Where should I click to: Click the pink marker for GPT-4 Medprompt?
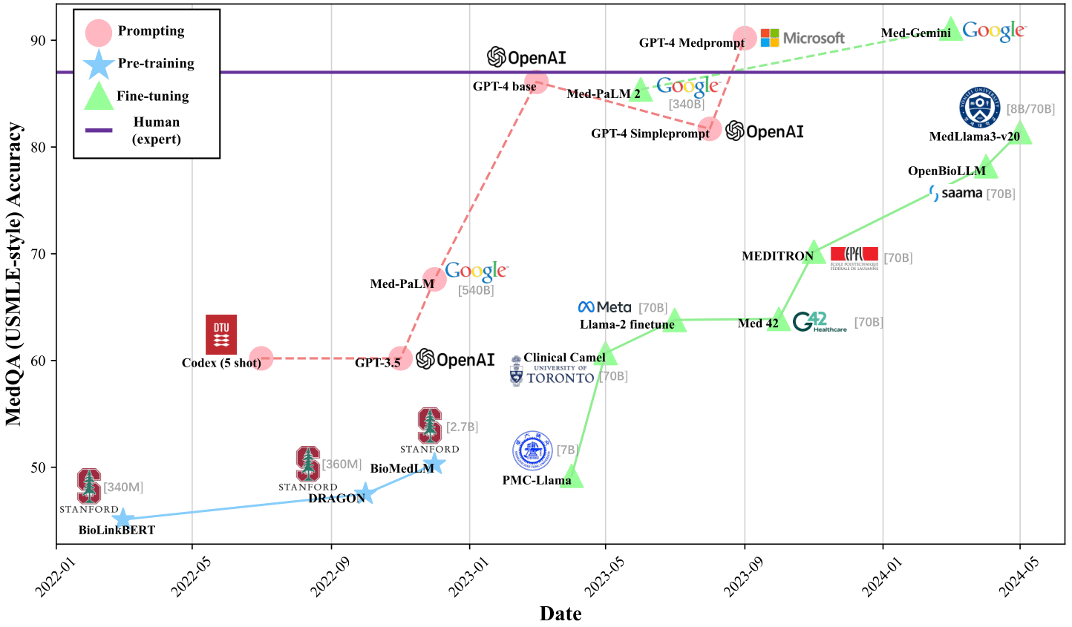[x=745, y=38]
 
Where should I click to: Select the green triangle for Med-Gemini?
[x=951, y=30]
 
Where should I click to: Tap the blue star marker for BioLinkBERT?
[x=124, y=519]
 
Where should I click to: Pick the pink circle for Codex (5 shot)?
[x=261, y=358]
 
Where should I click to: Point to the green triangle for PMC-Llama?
[x=572, y=478]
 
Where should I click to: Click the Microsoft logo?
[x=803, y=38]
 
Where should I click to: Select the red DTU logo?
[x=221, y=335]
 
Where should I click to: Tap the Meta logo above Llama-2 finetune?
[x=605, y=307]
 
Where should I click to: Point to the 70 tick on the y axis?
[x=39, y=254]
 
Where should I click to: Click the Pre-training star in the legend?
[x=99, y=64]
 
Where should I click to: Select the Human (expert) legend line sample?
[x=99, y=131]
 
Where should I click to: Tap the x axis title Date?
[x=560, y=614]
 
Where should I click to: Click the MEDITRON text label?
[x=777, y=256]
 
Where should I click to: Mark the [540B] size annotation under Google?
[x=476, y=290]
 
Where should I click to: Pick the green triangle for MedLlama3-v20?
[x=1021, y=134]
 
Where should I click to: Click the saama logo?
[x=956, y=193]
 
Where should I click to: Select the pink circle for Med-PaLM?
[x=434, y=280]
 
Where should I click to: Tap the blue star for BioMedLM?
[x=435, y=464]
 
